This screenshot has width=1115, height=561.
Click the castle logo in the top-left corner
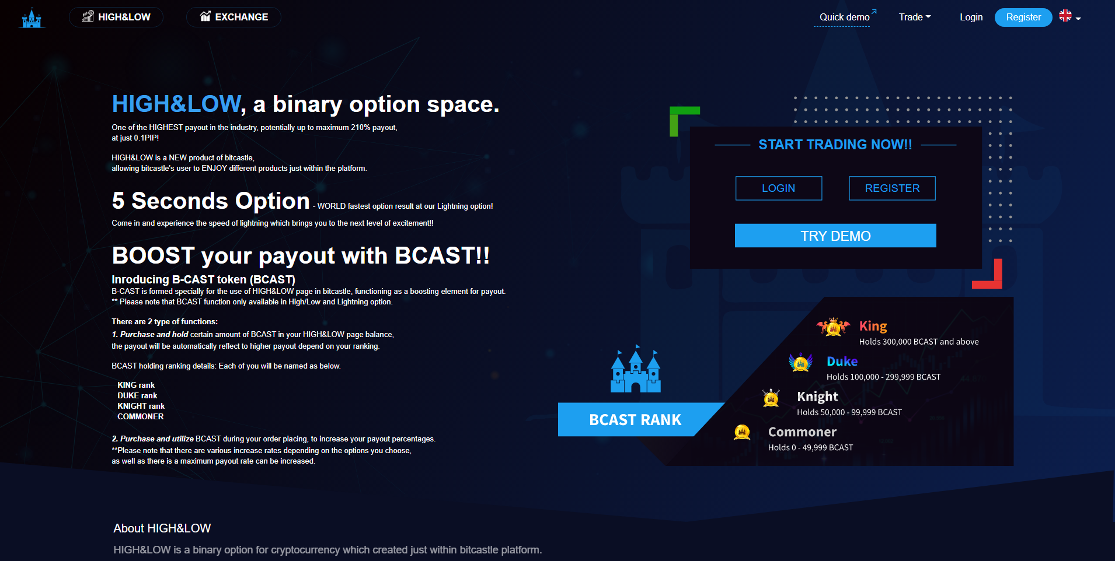point(32,18)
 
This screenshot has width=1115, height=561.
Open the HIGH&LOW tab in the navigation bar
point(116,17)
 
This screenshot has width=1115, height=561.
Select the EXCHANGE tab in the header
point(234,17)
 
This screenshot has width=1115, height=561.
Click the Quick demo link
point(845,17)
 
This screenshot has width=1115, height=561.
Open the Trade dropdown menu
point(915,17)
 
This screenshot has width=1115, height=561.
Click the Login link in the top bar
point(971,17)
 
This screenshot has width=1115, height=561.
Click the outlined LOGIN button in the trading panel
point(779,188)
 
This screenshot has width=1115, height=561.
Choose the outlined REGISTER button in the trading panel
point(892,188)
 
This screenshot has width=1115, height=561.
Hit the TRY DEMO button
point(835,236)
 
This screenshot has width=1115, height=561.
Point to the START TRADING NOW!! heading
point(835,145)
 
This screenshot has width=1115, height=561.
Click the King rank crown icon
point(834,327)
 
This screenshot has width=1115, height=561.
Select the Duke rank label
point(842,362)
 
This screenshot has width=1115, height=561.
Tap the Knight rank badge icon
point(771,398)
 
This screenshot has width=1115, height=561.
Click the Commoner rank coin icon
point(742,432)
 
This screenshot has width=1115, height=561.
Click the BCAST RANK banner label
point(635,420)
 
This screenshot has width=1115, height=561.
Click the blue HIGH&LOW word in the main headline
point(176,104)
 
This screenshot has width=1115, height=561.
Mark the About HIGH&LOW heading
point(162,528)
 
